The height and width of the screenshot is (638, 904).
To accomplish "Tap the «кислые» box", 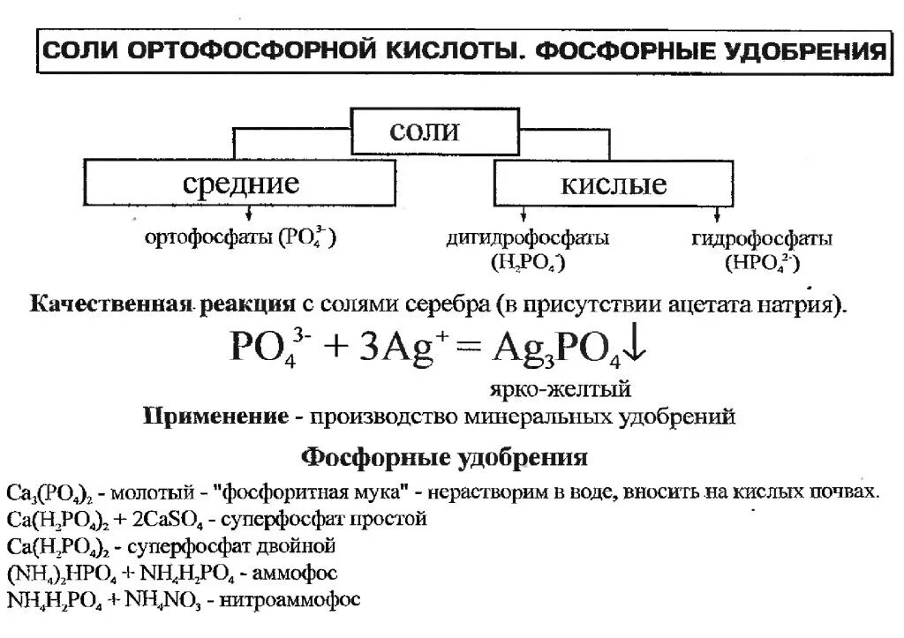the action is pos(613,184).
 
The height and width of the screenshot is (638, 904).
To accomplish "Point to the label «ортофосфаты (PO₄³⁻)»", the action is pos(239,238).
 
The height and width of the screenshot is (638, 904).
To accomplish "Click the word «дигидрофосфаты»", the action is pos(527,239).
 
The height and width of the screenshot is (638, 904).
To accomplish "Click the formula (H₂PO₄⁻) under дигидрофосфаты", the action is pos(527,262).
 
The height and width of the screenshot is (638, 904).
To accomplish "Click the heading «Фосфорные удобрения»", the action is pos(445,457).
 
